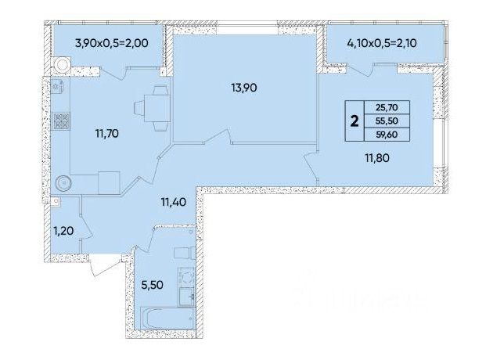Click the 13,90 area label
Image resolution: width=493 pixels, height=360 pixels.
(x=244, y=88)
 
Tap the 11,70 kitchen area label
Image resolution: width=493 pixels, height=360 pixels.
(x=107, y=134)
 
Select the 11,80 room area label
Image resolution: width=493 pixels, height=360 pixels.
(x=377, y=158)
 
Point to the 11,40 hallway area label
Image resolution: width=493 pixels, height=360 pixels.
(x=173, y=202)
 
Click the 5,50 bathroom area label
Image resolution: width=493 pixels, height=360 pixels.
(x=152, y=285)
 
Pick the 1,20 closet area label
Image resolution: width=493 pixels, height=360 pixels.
(x=63, y=231)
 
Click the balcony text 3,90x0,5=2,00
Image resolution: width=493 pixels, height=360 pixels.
(x=112, y=43)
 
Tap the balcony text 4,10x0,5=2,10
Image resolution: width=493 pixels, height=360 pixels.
(x=382, y=43)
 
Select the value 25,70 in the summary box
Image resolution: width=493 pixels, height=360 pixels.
(x=387, y=107)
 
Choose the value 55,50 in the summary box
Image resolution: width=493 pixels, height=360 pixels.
(x=387, y=121)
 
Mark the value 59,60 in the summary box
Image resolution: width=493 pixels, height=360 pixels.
(x=387, y=135)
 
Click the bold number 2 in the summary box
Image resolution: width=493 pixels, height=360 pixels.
(x=354, y=121)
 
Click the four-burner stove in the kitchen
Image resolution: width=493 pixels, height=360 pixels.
(x=61, y=121)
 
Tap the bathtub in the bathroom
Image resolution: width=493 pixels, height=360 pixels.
(x=168, y=319)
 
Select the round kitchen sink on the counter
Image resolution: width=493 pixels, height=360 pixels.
(x=63, y=182)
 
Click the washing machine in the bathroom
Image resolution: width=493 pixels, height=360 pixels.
(x=186, y=277)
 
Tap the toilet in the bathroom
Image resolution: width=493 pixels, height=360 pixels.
(x=185, y=254)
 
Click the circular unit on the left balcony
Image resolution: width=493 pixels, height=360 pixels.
(x=63, y=65)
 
